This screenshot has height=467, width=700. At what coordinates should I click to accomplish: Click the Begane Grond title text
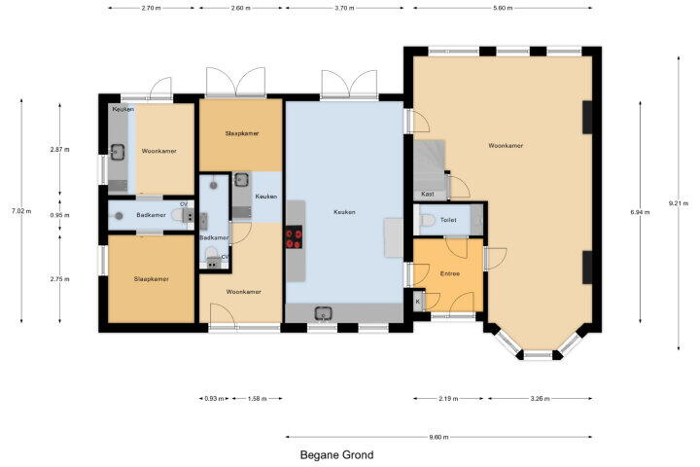tap(336, 455)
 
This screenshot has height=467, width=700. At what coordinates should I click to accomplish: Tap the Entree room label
tap(449, 273)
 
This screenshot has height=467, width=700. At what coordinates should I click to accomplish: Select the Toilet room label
tap(448, 220)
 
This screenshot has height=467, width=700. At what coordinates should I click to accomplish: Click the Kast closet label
tap(427, 194)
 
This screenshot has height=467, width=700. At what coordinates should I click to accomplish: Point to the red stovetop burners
tap(294, 237)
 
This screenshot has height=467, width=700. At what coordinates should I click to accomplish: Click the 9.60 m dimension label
tap(438, 437)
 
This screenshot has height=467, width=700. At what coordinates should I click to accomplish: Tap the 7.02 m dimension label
tap(21, 211)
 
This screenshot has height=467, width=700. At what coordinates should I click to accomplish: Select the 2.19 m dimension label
tap(448, 399)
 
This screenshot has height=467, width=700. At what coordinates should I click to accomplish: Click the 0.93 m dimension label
tap(214, 399)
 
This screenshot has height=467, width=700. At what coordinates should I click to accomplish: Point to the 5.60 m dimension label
tap(503, 8)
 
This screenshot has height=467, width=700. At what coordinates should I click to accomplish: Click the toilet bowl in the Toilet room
tap(427, 220)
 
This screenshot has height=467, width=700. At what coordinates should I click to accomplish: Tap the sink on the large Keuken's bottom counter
tap(323, 313)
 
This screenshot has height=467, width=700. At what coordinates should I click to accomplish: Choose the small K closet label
tap(418, 302)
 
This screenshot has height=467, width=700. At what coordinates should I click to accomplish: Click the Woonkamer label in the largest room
tap(506, 146)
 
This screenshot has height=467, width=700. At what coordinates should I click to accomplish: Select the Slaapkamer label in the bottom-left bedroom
tap(152, 279)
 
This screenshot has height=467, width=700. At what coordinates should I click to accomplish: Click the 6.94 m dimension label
tap(640, 212)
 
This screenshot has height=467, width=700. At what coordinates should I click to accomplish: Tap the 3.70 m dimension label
tap(344, 8)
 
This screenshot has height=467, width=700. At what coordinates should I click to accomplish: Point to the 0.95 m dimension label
tap(60, 215)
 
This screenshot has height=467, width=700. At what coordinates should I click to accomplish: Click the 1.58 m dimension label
tap(257, 399)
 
